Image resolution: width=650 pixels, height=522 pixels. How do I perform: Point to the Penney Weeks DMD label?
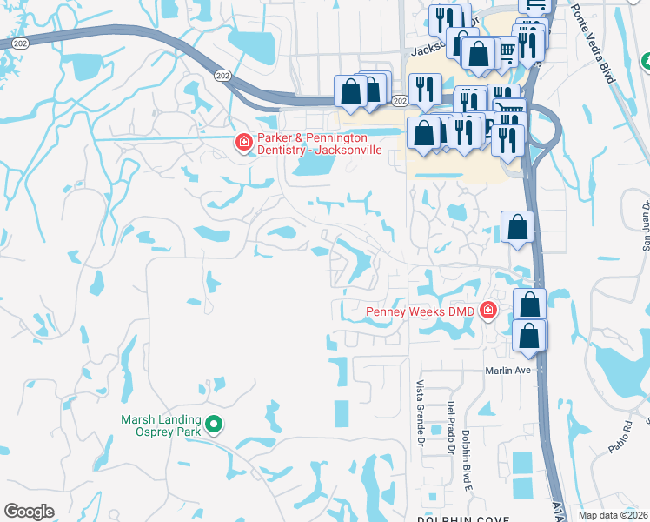pyautogui.click(x=421, y=311)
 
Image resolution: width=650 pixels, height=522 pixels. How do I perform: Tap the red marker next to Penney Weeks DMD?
pyautogui.click(x=488, y=310)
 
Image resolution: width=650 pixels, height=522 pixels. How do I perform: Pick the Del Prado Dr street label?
pyautogui.click(x=451, y=427)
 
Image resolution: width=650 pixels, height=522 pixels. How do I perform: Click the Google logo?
pyautogui.click(x=29, y=512)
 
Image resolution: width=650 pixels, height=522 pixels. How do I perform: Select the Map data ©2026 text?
pyautogui.click(x=614, y=515)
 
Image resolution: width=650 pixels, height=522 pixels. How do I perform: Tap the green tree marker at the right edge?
pyautogui.click(x=646, y=61)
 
